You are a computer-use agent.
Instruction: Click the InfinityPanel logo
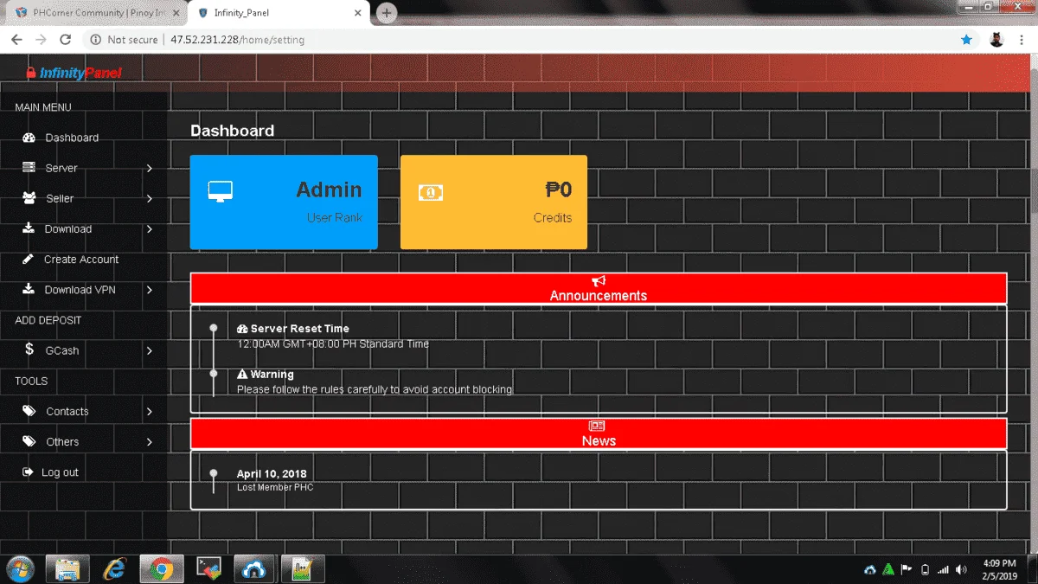tap(74, 73)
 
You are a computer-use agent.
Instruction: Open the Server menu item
tap(61, 168)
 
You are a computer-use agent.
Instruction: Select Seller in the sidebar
tap(60, 198)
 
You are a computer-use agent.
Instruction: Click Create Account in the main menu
tap(81, 259)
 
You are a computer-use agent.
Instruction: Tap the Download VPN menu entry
tap(80, 290)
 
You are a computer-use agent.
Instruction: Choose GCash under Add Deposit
tap(62, 350)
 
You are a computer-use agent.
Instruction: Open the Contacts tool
tap(67, 411)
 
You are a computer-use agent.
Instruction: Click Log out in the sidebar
tap(60, 472)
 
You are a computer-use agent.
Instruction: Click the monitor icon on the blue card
tap(220, 191)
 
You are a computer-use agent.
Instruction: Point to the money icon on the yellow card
tap(431, 192)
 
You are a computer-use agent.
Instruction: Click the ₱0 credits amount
tap(558, 189)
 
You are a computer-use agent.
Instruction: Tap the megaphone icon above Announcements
tap(599, 281)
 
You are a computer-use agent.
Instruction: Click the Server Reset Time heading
tap(299, 329)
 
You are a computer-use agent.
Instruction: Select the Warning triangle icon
tap(242, 374)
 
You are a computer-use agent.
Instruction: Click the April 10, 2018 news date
tap(272, 474)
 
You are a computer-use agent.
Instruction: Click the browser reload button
tap(66, 40)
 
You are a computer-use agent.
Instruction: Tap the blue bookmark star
tap(966, 40)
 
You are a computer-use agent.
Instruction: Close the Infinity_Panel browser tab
tap(357, 13)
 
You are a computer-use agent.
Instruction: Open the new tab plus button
tap(387, 13)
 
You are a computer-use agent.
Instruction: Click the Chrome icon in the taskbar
tap(161, 568)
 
